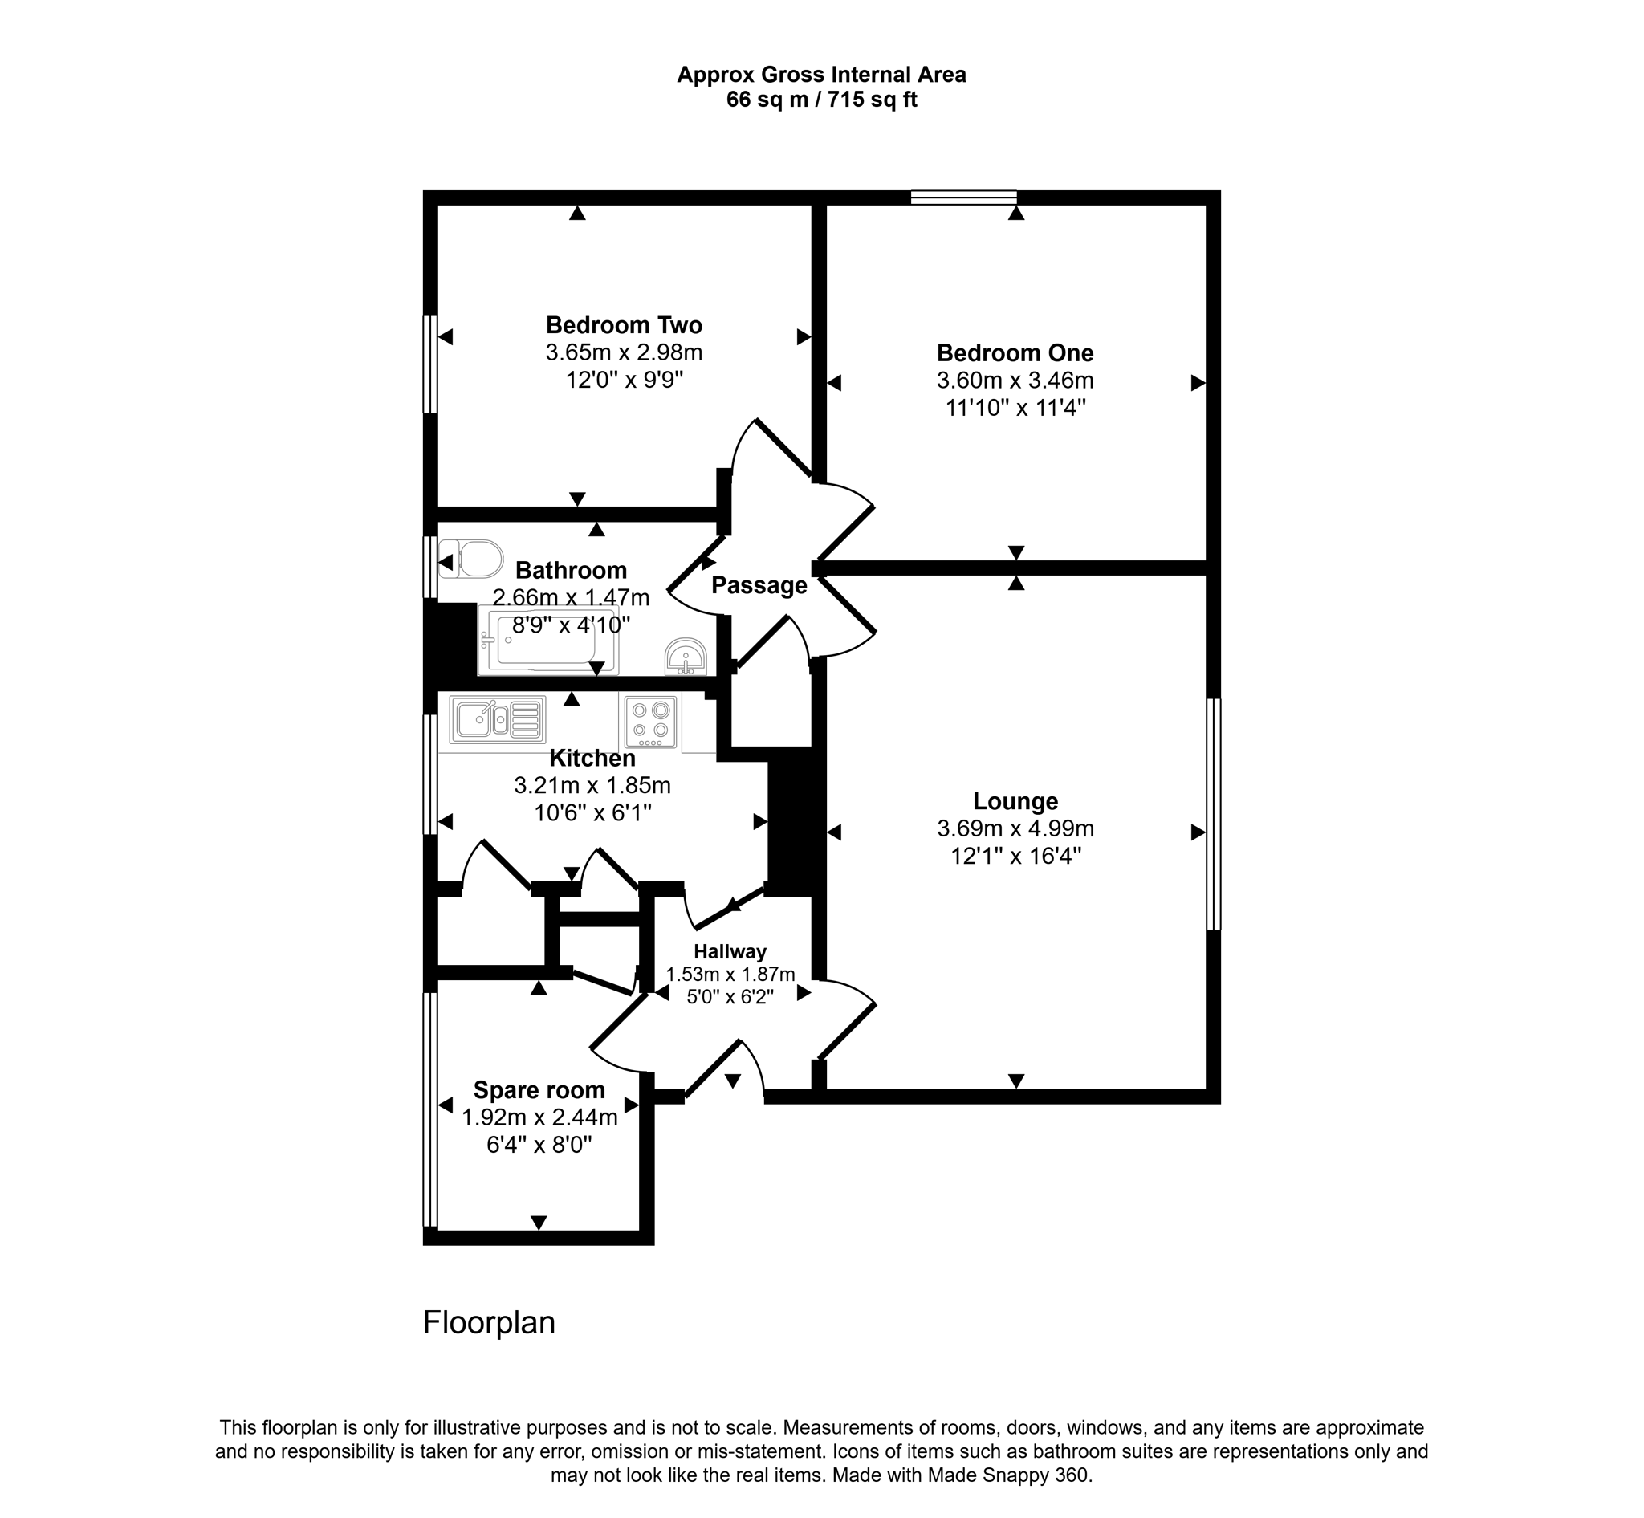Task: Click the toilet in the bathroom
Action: (x=471, y=560)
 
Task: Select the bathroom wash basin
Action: (x=686, y=657)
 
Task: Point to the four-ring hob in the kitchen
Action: (x=650, y=721)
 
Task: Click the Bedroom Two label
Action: (x=624, y=325)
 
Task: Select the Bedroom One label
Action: (x=1015, y=353)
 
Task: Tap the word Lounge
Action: (x=1015, y=801)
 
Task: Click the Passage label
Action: (x=759, y=586)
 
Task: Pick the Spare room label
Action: (x=539, y=1090)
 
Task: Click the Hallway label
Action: (x=730, y=952)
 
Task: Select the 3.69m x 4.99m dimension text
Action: (x=1015, y=828)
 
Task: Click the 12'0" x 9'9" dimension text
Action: (x=624, y=381)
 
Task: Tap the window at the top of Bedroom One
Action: (x=964, y=197)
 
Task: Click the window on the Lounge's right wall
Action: (x=1213, y=813)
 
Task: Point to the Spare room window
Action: (x=429, y=1109)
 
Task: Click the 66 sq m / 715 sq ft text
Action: (x=820, y=100)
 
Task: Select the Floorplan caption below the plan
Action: (x=489, y=1322)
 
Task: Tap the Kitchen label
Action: (x=592, y=758)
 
